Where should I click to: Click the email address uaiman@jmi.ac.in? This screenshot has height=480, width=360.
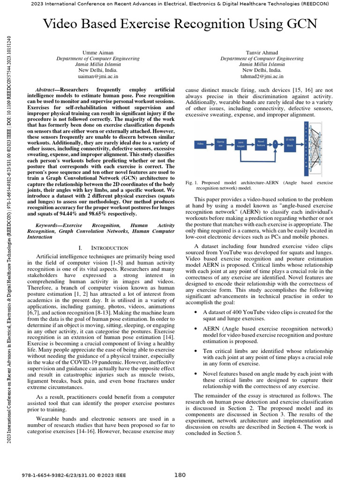[x=97, y=75]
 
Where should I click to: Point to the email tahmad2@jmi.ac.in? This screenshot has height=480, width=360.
[x=262, y=75]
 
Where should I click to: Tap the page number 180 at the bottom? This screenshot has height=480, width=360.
[x=180, y=475]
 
